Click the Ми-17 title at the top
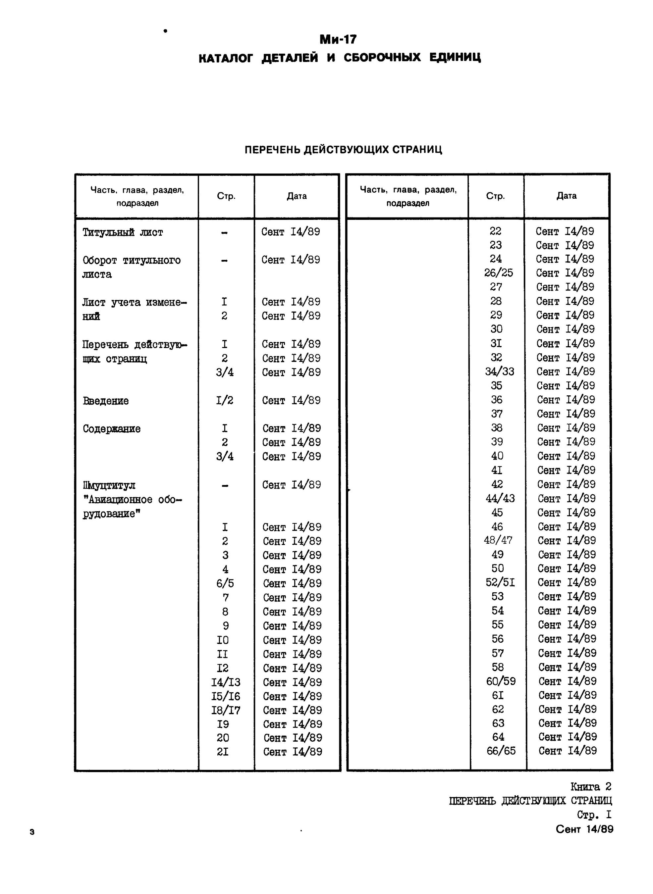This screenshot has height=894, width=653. tap(338, 39)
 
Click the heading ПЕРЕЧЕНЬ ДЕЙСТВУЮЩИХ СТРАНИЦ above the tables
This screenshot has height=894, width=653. tap(343, 150)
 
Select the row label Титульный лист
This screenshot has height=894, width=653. tap(123, 232)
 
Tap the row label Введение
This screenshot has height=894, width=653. tap(106, 401)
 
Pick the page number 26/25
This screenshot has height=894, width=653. tap(498, 273)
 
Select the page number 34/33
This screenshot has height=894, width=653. tap(499, 372)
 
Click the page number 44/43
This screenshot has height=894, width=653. tap(500, 499)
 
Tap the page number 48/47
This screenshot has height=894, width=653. tap(498, 540)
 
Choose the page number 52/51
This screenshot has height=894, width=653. tap(500, 583)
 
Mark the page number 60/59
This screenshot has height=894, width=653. tap(500, 681)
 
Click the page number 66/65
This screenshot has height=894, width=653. tap(501, 751)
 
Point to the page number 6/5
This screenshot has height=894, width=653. tap(225, 583)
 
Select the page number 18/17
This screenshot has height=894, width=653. tap(225, 710)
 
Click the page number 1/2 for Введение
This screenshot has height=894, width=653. tap(225, 401)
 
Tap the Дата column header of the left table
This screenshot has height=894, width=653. tap(297, 196)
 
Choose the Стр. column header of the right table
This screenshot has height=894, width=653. tap(495, 196)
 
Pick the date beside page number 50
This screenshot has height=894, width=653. tap(567, 569)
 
